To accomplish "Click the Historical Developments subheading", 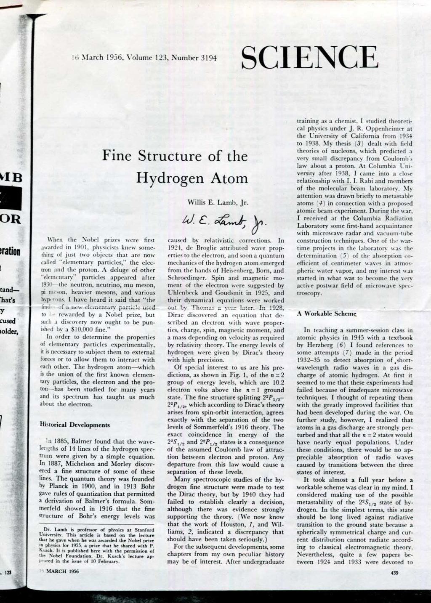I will point(74,425).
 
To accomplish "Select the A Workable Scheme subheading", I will point(327,313).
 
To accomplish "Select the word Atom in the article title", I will point(226,178).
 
